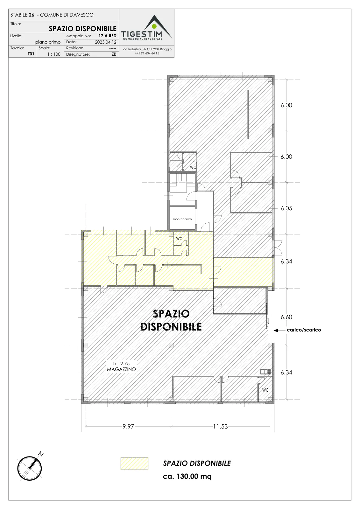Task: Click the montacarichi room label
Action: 183,219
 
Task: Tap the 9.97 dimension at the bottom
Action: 128,427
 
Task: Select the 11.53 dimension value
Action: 220,427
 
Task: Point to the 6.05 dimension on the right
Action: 286,208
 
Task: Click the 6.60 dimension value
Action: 286,317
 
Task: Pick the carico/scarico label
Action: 304,330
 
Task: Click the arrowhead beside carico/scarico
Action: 276,331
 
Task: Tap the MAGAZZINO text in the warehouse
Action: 122,369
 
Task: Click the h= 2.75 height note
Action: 122,363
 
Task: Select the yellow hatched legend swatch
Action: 134,464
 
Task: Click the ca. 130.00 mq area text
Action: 187,476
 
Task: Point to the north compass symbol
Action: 30,468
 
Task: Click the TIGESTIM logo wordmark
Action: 142,34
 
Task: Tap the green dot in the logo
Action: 154,26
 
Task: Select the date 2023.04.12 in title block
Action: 106,42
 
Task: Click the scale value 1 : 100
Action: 54,54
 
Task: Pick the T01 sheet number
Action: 31,54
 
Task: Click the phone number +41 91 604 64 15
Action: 147,53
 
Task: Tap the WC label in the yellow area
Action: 179,239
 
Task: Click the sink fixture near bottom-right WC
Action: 266,372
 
